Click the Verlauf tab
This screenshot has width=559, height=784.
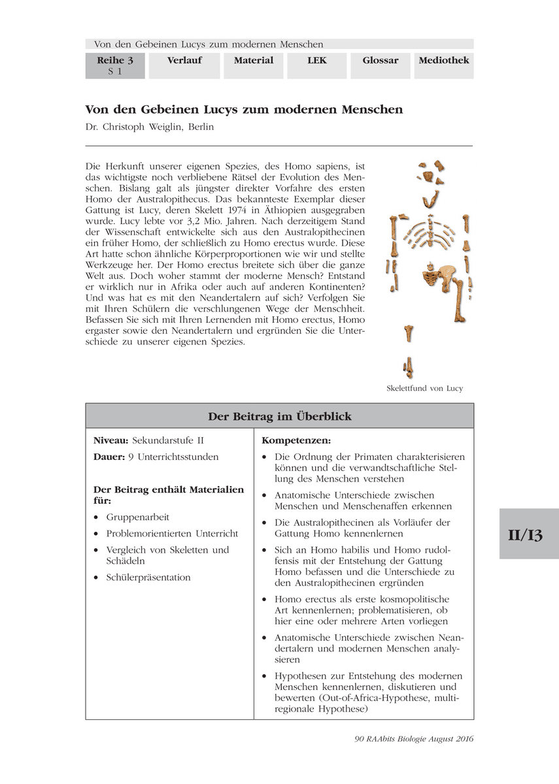pyautogui.click(x=184, y=61)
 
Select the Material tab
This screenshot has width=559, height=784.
pyautogui.click(x=253, y=61)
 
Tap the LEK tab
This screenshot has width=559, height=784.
pyautogui.click(x=316, y=61)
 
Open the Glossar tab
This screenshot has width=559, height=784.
pyautogui.click(x=380, y=61)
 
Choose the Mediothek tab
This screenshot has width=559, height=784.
pyautogui.click(x=443, y=61)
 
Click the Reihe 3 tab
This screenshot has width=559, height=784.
pyautogui.click(x=115, y=65)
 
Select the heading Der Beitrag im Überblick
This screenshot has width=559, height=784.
pyautogui.click(x=279, y=416)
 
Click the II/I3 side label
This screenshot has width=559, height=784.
pyautogui.click(x=529, y=534)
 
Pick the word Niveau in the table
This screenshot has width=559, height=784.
pyautogui.click(x=109, y=440)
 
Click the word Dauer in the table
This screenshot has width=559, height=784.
pyautogui.click(x=108, y=457)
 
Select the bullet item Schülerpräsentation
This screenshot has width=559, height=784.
pyautogui.click(x=148, y=577)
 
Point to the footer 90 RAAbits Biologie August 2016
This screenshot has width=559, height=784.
pyautogui.click(x=413, y=739)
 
